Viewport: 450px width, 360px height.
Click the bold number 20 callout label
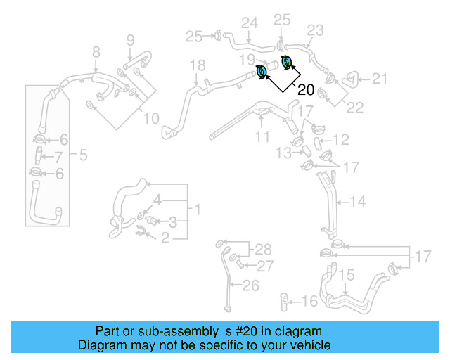point(306,89)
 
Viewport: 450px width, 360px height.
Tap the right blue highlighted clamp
point(286,62)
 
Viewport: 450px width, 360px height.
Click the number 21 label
point(380,79)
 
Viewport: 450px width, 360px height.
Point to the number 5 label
point(83,155)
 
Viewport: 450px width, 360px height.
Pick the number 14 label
point(358,202)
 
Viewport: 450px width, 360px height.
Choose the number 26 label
point(251,285)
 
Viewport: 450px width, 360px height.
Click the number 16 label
point(310,302)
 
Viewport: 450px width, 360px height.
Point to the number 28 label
point(262,250)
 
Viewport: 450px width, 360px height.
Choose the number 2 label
point(166,238)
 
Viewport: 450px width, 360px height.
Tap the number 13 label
point(283,153)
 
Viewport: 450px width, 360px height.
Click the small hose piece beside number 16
point(285,302)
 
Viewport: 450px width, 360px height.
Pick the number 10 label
point(152,119)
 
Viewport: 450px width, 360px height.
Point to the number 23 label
point(315,30)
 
